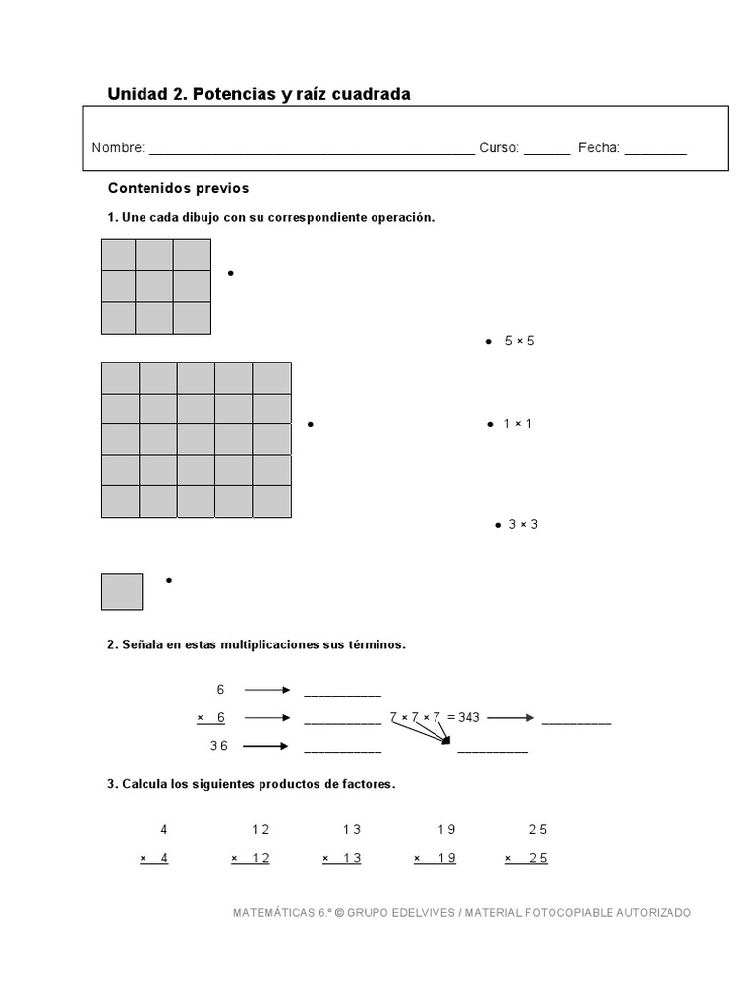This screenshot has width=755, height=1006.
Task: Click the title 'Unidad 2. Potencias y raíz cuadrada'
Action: [259, 94]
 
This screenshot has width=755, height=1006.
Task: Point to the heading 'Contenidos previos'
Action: [178, 187]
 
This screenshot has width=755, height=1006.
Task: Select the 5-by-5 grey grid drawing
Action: [197, 439]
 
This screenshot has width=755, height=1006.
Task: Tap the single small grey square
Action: [122, 591]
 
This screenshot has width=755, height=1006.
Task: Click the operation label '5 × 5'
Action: [519, 341]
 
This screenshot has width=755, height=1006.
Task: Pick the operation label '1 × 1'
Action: [518, 424]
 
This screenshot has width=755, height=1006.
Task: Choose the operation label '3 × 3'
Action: [523, 525]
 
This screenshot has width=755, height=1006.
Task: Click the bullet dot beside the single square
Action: [169, 581]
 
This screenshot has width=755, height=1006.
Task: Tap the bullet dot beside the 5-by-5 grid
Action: [310, 424]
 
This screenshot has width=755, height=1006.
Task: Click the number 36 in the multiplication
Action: [219, 746]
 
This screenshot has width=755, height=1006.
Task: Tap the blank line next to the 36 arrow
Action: [342, 749]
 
